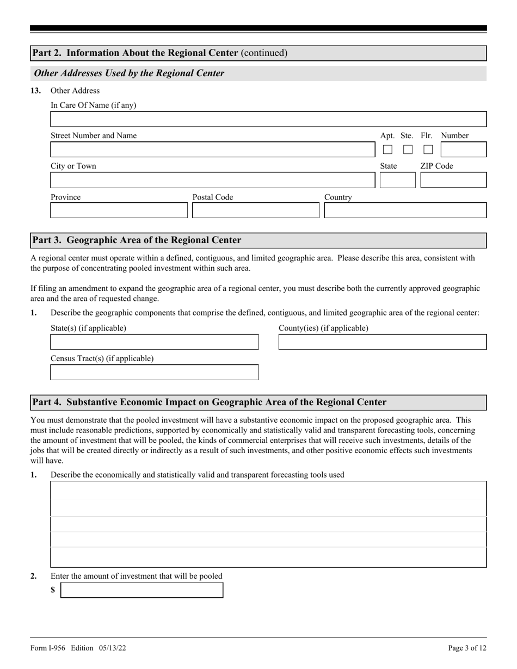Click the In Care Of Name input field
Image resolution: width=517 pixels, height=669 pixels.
(268, 119)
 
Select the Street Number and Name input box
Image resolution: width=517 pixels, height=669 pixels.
(212, 150)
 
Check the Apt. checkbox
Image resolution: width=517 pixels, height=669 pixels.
(387, 150)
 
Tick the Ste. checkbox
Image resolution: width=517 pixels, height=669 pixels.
(408, 150)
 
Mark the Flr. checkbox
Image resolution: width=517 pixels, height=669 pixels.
(428, 150)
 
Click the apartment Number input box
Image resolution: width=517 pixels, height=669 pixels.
(463, 150)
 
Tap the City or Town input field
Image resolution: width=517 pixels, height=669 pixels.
(212, 180)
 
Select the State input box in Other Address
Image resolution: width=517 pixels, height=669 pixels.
(397, 180)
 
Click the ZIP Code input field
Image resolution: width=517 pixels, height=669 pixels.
(453, 180)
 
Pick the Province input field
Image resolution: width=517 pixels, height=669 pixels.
(119, 210)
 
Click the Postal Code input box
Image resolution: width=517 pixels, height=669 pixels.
(255, 210)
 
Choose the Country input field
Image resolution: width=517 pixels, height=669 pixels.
(405, 210)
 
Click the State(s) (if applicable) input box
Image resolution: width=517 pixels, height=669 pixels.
(154, 342)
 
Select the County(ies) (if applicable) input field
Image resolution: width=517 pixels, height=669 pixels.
(382, 342)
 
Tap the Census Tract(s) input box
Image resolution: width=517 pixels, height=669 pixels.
(154, 373)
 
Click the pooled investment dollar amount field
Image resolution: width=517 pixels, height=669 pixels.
(141, 590)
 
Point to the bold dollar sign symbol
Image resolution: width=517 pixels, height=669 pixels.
(53, 590)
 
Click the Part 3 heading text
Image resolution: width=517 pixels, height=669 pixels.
(137, 240)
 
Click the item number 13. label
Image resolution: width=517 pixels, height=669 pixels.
(35, 91)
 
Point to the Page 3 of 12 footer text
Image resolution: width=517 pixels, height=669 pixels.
(467, 648)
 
